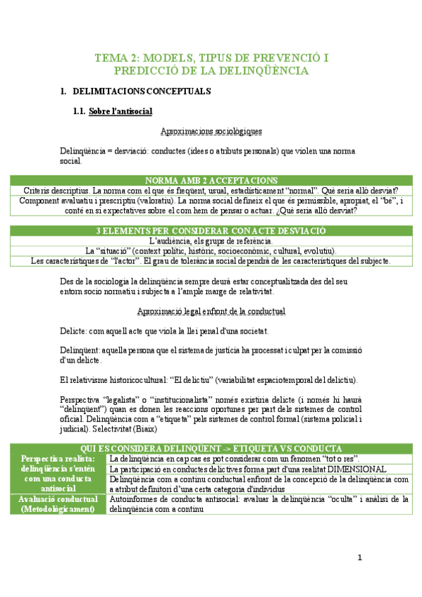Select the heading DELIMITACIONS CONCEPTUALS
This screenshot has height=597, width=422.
(142, 92)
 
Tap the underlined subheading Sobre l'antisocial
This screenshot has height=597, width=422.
(120, 111)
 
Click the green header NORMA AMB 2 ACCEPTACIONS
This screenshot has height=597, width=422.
(211, 181)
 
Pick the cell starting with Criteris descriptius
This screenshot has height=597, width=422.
(211, 191)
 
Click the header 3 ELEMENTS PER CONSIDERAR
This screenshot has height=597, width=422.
(211, 231)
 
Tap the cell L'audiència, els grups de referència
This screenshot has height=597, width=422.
(211, 241)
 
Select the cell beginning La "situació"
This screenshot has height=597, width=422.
(211, 251)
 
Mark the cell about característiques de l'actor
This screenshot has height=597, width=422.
(211, 260)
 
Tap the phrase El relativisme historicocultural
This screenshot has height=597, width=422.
(113, 380)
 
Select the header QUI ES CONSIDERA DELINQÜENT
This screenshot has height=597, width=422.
(211, 448)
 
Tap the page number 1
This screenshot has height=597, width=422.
(359, 558)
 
